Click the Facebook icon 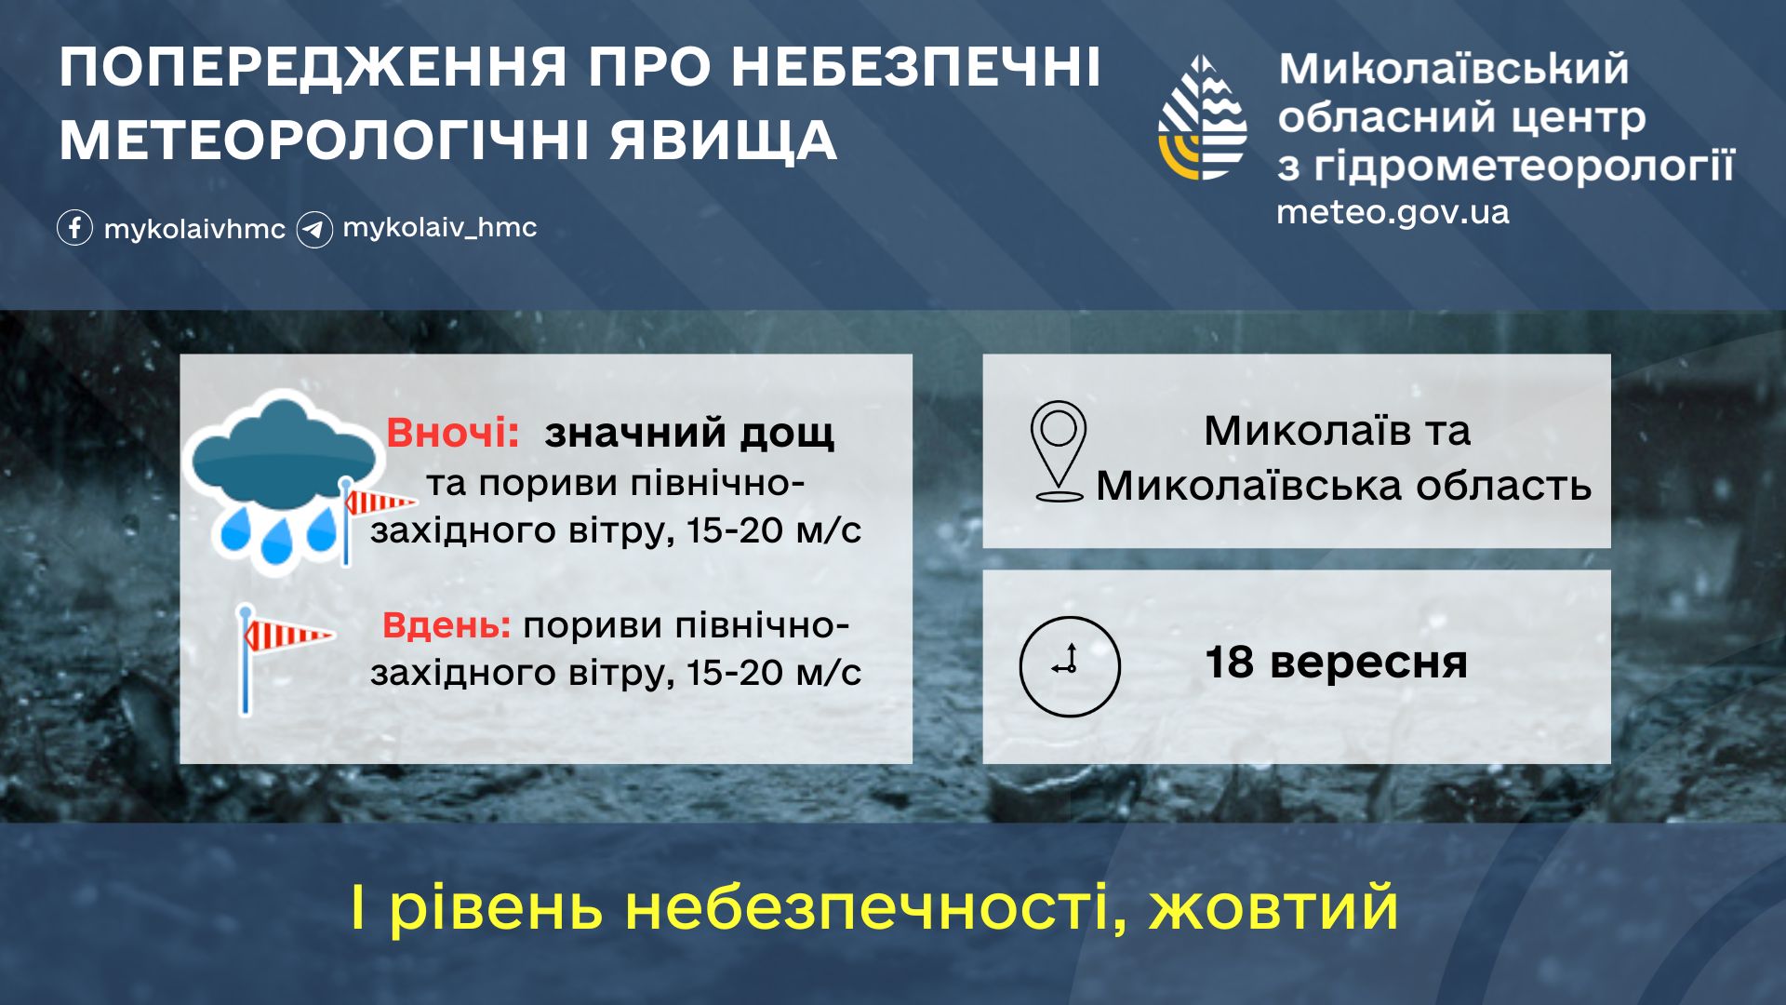(x=74, y=228)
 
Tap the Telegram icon (x=314, y=229)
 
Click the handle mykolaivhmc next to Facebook (x=194, y=229)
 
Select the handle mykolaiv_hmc (x=440, y=228)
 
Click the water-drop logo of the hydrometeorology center (x=1203, y=117)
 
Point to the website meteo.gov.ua (x=1393, y=212)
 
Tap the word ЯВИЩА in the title (x=724, y=141)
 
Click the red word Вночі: (x=453, y=433)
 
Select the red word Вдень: (x=446, y=625)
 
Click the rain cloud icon (x=282, y=475)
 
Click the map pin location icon (x=1059, y=451)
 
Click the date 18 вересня (x=1336, y=663)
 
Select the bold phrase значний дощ (x=689, y=434)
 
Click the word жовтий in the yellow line (x=1273, y=908)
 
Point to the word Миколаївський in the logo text (x=1454, y=70)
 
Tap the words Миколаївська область (x=1343, y=486)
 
